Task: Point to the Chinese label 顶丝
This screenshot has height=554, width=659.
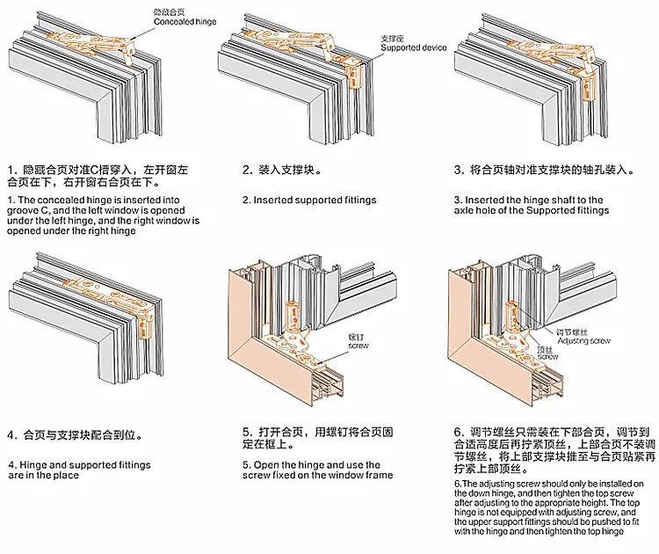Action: [x=546, y=349]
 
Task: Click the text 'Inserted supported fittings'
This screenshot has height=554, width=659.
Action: [x=308, y=200]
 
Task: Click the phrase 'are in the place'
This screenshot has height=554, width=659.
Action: [x=44, y=476]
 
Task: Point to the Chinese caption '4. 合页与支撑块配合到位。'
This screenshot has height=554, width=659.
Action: [x=76, y=434]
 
